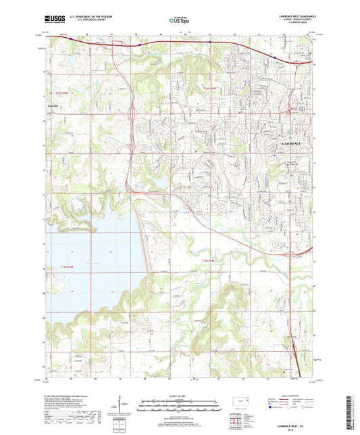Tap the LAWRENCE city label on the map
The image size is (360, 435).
click(295, 145)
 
